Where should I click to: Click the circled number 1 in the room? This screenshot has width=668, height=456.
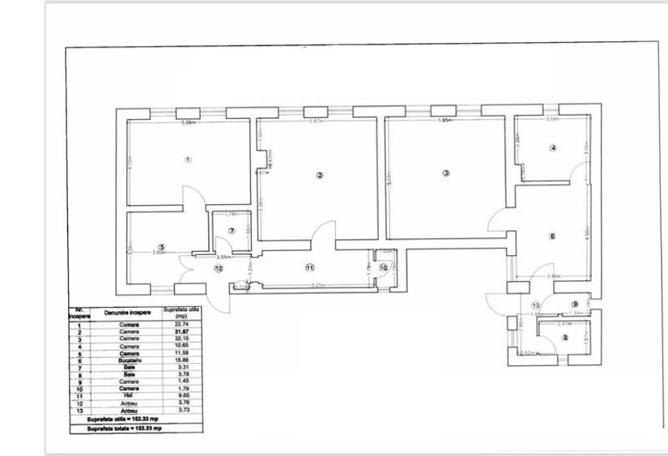click(188, 160)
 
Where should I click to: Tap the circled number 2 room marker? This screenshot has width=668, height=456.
click(320, 175)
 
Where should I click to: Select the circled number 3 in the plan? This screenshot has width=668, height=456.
click(445, 173)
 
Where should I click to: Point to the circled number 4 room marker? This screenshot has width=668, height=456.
click(553, 148)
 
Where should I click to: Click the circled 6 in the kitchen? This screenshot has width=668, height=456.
click(552, 237)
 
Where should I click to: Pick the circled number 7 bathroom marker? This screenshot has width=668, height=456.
click(232, 231)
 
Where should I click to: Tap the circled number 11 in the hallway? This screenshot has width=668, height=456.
click(309, 267)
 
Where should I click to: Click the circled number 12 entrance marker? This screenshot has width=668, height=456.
click(218, 267)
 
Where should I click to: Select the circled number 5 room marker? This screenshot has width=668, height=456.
click(162, 247)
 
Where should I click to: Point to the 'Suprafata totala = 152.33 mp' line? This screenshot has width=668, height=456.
click(126, 428)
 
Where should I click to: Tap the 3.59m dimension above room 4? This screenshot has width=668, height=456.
click(553, 120)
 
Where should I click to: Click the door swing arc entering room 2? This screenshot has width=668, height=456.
click(326, 229)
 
